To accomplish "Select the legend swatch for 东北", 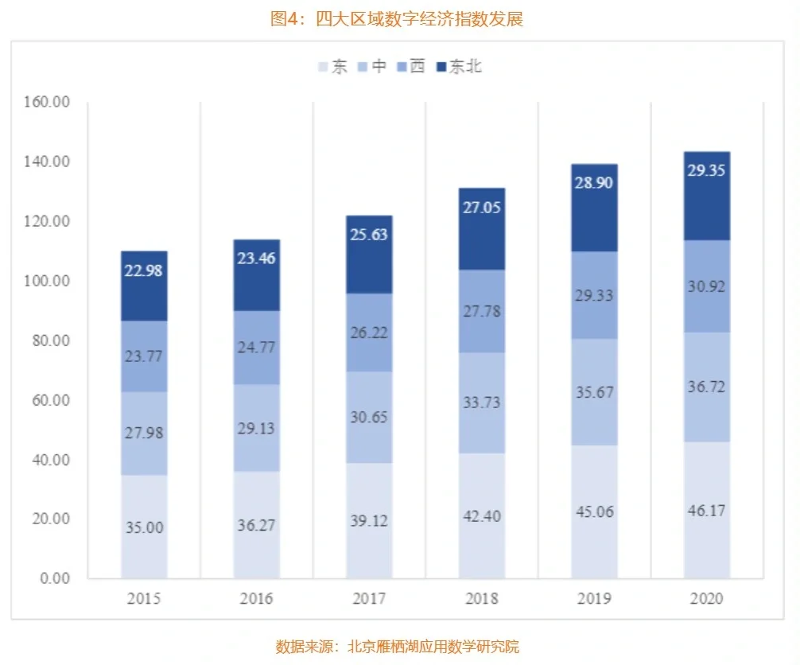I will point(441,67).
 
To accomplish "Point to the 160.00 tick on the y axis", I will point(48,102).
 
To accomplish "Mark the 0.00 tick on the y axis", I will point(54,578).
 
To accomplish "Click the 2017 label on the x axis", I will point(368,599).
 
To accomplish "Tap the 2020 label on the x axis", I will point(706,599).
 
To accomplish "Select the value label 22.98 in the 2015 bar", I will point(144,271).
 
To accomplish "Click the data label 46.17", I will point(706,510).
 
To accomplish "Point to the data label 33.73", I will point(481,402).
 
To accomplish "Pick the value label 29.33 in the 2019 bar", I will point(594,294).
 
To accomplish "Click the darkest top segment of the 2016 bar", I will point(256,274).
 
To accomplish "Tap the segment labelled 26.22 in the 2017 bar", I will point(368,332).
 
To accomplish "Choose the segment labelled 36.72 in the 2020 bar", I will point(706,387).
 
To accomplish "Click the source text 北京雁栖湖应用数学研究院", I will point(433,646).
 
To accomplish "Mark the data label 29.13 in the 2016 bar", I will point(256,428).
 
